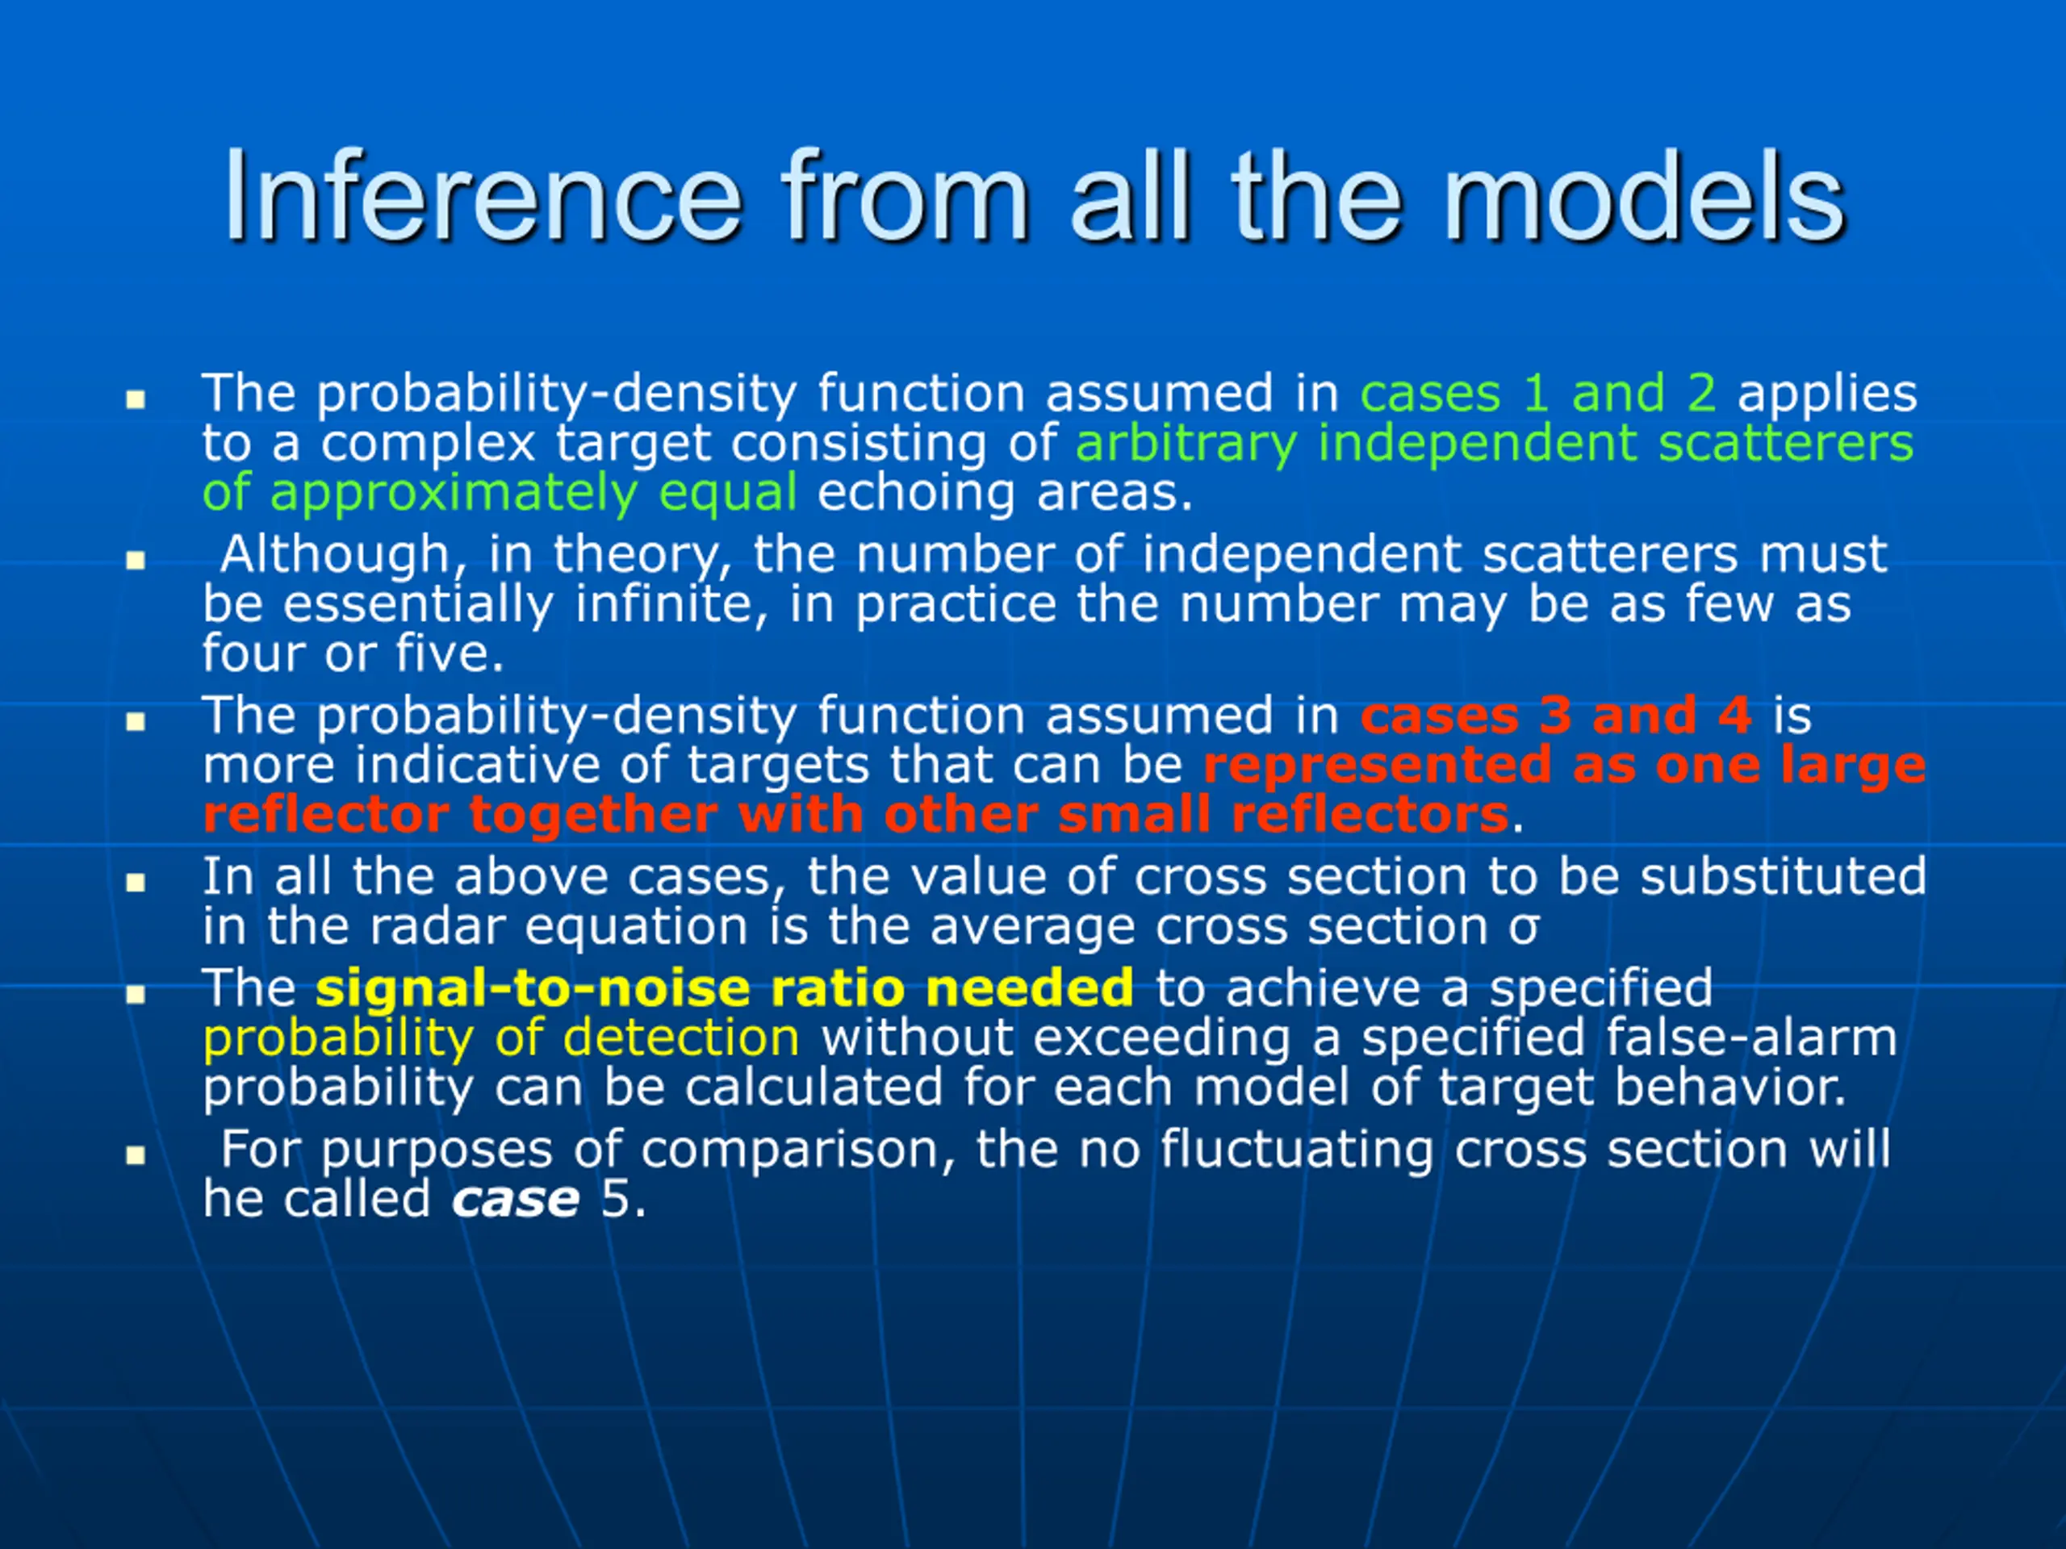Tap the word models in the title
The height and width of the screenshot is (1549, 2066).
(x=1644, y=197)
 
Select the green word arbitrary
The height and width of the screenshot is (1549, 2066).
(x=1186, y=445)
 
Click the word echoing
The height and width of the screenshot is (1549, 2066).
(x=916, y=494)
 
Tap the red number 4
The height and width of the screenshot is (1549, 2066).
(x=1734, y=716)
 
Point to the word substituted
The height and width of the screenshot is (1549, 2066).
(x=1784, y=878)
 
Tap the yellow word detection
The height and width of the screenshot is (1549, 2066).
(x=681, y=1038)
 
